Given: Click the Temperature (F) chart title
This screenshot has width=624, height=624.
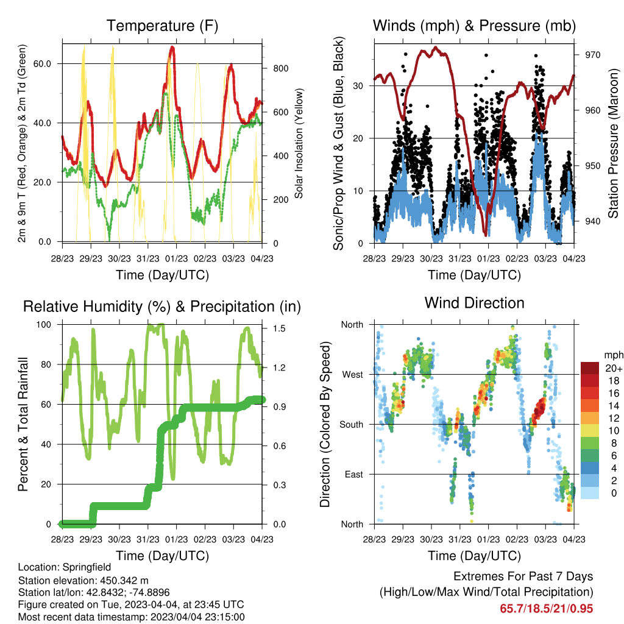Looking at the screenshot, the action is pyautogui.click(x=162, y=26).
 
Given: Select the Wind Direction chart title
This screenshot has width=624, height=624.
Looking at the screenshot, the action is pyautogui.click(x=474, y=303).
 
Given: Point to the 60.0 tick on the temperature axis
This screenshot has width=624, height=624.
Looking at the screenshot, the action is pyautogui.click(x=42, y=63).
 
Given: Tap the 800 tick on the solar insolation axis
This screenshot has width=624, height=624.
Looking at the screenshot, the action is pyautogui.click(x=281, y=68).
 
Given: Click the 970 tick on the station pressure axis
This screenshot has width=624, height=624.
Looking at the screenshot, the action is pyautogui.click(x=592, y=55).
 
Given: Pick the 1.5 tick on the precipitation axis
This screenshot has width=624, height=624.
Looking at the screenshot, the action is pyautogui.click(x=279, y=328).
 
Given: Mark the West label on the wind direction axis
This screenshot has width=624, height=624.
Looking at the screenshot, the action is pyautogui.click(x=353, y=375).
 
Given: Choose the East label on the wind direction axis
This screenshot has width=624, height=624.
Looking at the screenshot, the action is pyautogui.click(x=354, y=474).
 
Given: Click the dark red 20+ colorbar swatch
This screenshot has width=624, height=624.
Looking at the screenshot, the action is pyautogui.click(x=589, y=368).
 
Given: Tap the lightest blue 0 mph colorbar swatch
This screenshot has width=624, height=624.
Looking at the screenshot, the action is pyautogui.click(x=589, y=492).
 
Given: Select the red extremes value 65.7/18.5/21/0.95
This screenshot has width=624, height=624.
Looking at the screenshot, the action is pyautogui.click(x=547, y=609).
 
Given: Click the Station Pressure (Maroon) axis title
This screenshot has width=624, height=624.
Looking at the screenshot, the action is pyautogui.click(x=613, y=143).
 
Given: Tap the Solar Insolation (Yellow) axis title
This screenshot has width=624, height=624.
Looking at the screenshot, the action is pyautogui.click(x=299, y=143).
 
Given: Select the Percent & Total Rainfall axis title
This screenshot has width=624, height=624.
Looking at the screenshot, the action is pyautogui.click(x=23, y=424).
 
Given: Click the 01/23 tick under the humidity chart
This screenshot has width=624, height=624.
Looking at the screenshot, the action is pyautogui.click(x=176, y=539).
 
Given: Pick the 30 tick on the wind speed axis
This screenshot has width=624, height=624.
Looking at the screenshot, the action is pyautogui.click(x=358, y=86).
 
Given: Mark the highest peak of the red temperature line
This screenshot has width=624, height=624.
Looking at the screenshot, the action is pyautogui.click(x=172, y=48).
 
